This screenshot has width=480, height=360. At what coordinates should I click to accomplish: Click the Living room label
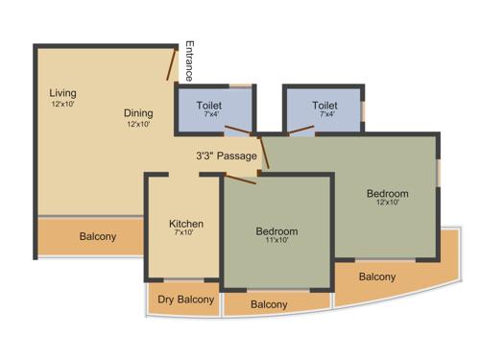(x=63, y=93)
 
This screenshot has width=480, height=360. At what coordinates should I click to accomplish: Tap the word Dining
(x=140, y=112)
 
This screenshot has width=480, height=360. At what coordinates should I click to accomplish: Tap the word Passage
(x=236, y=155)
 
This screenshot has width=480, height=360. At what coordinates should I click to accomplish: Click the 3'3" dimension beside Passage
(x=204, y=155)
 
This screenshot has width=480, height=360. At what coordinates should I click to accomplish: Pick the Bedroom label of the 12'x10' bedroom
(x=387, y=193)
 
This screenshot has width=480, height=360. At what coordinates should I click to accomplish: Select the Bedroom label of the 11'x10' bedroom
(x=276, y=231)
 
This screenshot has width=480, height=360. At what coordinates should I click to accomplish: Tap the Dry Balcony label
(x=186, y=300)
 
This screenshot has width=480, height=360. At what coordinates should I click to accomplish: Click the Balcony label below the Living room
(x=98, y=236)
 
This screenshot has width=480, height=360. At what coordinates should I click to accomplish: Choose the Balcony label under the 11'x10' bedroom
(x=269, y=304)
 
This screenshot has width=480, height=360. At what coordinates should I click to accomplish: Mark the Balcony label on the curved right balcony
(x=377, y=276)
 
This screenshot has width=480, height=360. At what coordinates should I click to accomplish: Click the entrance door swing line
(x=173, y=63)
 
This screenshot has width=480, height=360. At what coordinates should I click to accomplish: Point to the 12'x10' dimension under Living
(x=63, y=104)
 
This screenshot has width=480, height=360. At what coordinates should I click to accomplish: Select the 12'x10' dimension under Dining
(x=140, y=124)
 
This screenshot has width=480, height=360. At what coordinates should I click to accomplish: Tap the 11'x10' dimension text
(x=276, y=242)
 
